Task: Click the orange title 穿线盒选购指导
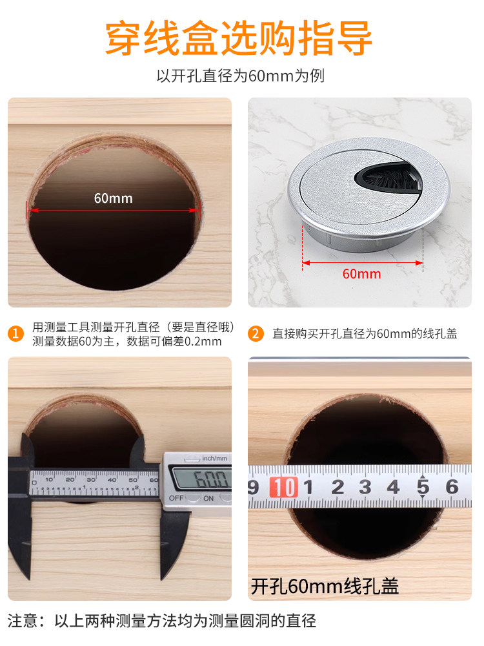[239, 38]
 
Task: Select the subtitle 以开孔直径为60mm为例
[241, 76]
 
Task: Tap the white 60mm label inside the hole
[113, 198]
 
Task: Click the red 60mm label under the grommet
[362, 274]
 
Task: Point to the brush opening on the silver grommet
[387, 178]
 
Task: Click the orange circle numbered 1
[16, 333]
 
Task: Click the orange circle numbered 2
[256, 333]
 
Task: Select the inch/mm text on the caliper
[214, 458]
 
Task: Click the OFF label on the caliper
[176, 498]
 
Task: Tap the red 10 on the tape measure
[283, 487]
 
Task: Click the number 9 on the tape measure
[253, 487]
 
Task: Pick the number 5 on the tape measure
[423, 487]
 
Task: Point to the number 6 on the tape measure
[452, 487]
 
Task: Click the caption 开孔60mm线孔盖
[325, 587]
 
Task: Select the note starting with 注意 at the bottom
[162, 621]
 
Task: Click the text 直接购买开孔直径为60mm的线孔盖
[365, 334]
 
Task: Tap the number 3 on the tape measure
[365, 487]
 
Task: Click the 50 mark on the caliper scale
[133, 480]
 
